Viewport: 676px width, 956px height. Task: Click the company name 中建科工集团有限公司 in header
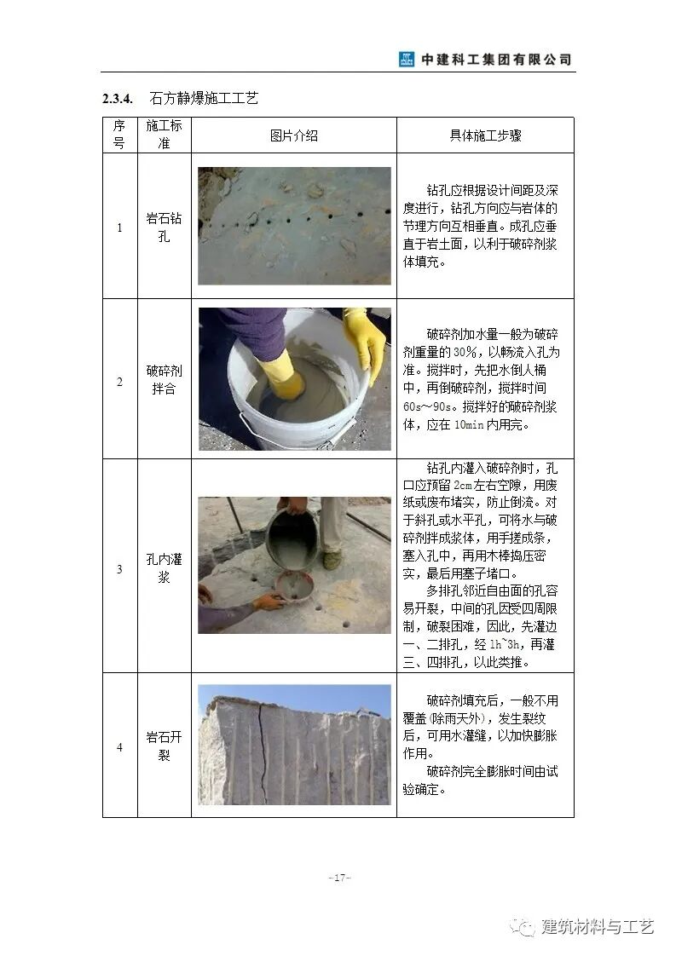(496, 60)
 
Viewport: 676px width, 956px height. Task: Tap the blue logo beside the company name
(407, 60)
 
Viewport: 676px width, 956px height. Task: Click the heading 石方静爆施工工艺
(203, 99)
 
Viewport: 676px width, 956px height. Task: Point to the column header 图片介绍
(293, 135)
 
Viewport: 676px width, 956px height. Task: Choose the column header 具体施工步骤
(485, 135)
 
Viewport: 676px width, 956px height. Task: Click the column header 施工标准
(164, 135)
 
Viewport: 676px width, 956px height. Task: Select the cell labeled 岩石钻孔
(164, 227)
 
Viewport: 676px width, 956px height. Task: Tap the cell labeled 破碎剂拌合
(164, 379)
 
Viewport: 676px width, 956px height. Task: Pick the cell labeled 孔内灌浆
(164, 567)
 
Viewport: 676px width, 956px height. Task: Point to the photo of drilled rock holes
(294, 226)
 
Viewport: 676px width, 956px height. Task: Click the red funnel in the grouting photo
(294, 586)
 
